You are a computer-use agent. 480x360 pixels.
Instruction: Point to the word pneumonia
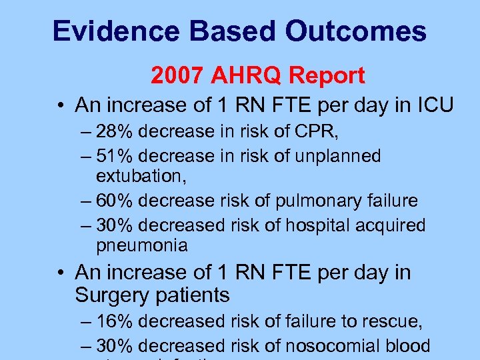point(142,245)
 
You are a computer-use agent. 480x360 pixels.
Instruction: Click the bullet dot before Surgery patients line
point(59,273)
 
